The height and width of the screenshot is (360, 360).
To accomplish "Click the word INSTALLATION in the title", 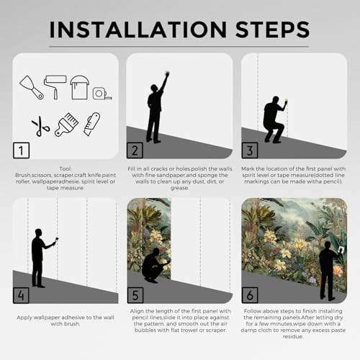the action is click(138, 30).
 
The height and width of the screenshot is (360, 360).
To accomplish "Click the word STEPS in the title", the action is click(273, 30).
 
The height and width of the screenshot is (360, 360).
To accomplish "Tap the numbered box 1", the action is click(22, 150).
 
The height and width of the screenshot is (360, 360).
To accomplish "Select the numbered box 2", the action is click(135, 150).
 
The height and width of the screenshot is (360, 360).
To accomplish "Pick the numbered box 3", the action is click(250, 150).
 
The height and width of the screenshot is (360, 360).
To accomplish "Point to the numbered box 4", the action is click(21, 295).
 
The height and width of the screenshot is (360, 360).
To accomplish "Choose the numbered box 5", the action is click(135, 295).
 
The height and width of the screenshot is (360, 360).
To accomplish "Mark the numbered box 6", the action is click(250, 295).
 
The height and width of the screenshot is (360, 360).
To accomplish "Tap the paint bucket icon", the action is click(79, 87).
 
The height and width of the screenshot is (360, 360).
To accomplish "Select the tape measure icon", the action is click(102, 94).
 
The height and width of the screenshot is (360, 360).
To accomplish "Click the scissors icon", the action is click(40, 126).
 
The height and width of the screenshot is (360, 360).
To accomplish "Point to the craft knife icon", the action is click(92, 124).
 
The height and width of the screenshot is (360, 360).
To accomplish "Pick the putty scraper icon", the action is click(31, 87).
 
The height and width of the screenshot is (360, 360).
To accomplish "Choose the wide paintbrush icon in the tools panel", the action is click(66, 125).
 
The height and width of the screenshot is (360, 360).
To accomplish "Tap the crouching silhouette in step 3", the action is click(274, 120).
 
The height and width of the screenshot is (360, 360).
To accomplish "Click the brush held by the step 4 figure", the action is click(56, 240).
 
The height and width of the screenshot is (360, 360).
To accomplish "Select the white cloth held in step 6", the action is click(341, 250).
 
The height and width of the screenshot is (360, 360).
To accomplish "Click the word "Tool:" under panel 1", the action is click(66, 168).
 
